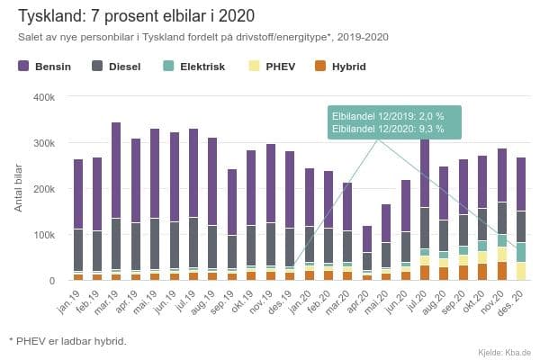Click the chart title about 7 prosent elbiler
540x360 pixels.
[130, 15]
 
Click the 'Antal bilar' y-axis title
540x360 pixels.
[20, 188]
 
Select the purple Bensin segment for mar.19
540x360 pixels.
[116, 171]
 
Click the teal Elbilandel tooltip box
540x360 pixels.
[395, 123]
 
